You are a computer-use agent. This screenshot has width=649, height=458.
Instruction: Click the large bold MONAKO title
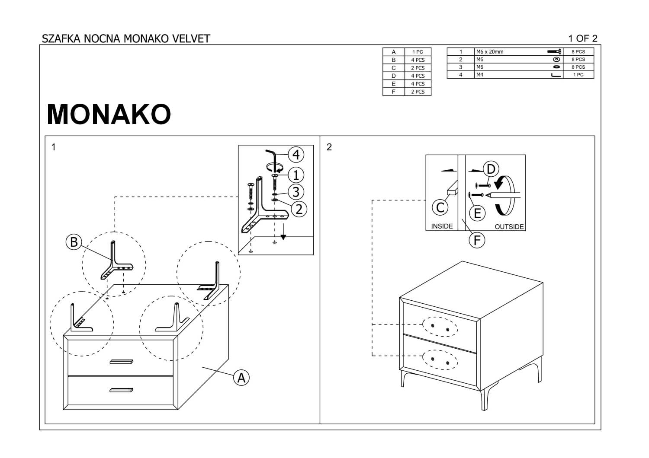click(x=109, y=114)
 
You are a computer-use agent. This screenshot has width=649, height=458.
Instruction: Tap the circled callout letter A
click(x=241, y=378)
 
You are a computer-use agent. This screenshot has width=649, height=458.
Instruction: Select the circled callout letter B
click(x=74, y=242)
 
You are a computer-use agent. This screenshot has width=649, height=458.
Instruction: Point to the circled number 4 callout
click(x=296, y=155)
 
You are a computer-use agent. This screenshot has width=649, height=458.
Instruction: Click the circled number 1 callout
click(x=296, y=175)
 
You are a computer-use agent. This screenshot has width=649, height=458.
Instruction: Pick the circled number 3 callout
click(x=296, y=192)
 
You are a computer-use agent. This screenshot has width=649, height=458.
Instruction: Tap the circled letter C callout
click(x=440, y=207)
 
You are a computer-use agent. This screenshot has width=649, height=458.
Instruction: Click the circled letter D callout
click(x=491, y=169)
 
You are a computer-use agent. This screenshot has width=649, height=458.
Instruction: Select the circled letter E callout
click(x=477, y=213)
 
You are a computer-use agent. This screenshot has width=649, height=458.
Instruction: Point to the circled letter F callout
click(x=477, y=240)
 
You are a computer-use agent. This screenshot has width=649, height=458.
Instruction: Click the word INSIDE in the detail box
click(x=442, y=226)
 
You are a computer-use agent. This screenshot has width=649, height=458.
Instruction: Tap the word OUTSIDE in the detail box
click(x=509, y=226)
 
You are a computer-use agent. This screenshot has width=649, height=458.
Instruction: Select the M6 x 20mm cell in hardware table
click(x=489, y=52)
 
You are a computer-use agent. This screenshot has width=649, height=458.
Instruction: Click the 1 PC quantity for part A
click(x=418, y=52)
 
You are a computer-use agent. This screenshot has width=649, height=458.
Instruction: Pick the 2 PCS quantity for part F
click(x=418, y=92)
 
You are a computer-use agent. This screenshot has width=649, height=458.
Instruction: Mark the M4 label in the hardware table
click(x=479, y=75)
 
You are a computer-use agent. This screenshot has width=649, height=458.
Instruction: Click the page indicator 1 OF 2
click(x=582, y=38)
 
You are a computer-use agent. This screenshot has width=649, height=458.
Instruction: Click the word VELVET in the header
click(x=191, y=38)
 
